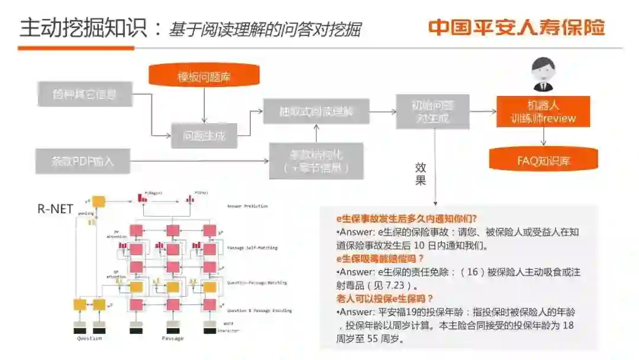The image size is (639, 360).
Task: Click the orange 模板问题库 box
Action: click(x=204, y=78)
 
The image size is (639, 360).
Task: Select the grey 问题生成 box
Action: click(x=204, y=136)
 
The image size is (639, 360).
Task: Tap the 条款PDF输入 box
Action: click(x=82, y=160)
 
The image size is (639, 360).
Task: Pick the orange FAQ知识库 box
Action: click(x=544, y=160)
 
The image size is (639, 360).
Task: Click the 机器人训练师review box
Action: click(x=543, y=112)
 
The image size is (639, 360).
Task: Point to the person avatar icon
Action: click(x=543, y=74)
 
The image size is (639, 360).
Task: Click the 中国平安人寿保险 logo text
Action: click(x=517, y=28)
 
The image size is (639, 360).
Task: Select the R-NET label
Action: click(x=55, y=208)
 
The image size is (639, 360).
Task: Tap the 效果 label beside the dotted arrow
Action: click(x=420, y=174)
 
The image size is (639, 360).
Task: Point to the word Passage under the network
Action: click(x=173, y=338)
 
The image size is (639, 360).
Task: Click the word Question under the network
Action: click(x=89, y=338)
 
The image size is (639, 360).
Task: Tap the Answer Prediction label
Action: click(x=247, y=206)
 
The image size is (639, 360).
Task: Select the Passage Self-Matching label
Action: click(x=253, y=247)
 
